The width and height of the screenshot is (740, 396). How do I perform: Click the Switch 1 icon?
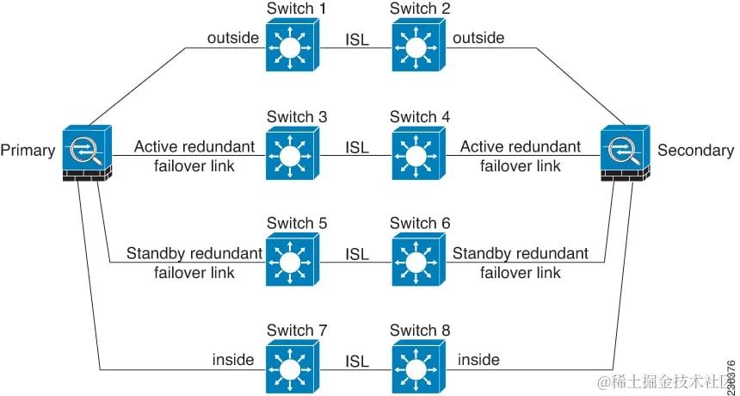tap(292, 46)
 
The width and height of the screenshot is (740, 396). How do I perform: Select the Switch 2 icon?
tap(417, 46)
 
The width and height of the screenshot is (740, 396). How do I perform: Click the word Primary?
tap(28, 151)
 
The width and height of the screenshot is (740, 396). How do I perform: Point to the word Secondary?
tap(695, 151)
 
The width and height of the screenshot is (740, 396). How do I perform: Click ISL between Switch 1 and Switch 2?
tap(357, 40)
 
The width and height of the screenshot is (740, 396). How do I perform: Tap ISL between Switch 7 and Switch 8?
tap(357, 361)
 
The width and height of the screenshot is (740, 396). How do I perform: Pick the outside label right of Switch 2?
tap(478, 38)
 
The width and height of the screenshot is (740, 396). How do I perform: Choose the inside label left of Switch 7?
tap(233, 359)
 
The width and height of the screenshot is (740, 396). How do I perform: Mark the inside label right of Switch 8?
tap(478, 359)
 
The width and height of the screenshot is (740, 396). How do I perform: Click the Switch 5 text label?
tap(296, 223)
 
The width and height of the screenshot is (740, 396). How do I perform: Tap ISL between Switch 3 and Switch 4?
tap(357, 147)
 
